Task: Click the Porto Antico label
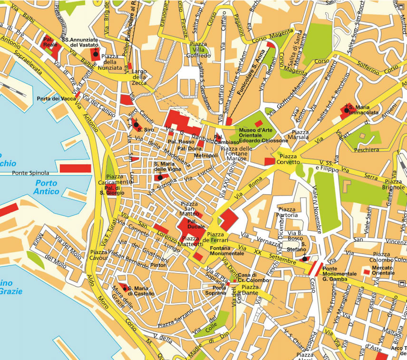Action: [47, 187]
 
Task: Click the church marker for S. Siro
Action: [136, 124]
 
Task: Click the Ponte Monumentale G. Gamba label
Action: [339, 276]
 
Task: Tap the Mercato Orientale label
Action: [383, 270]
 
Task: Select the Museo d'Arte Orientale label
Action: [263, 135]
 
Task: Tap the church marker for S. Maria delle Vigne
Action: [160, 177]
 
